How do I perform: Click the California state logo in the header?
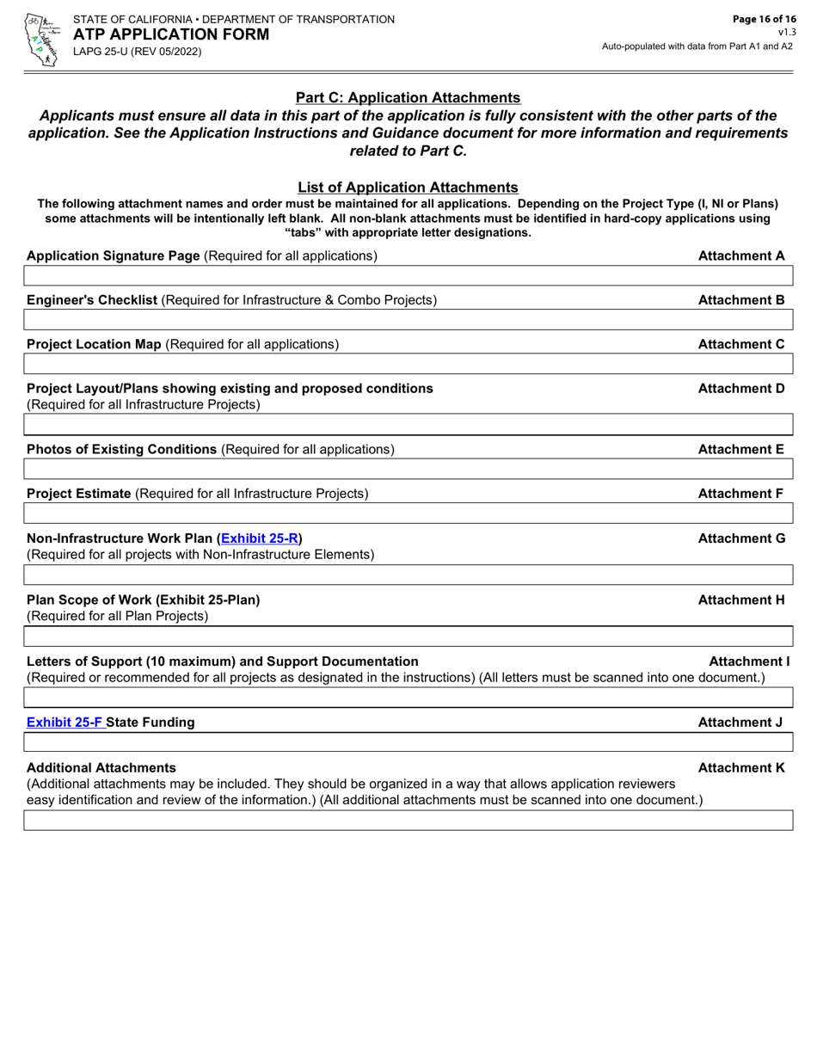pos(40,39)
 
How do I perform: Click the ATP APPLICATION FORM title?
pos(170,34)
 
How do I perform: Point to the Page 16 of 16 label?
pos(759,19)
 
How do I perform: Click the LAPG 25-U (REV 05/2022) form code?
pos(137,52)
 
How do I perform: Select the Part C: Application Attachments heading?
pos(408,98)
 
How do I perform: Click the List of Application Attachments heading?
pos(408,187)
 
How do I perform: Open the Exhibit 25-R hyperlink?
pos(260,538)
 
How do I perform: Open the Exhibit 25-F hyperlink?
pos(66,722)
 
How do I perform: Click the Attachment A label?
pos(741,255)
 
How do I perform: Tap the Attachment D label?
pos(741,388)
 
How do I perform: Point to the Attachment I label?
pos(748,661)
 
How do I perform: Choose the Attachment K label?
pos(741,766)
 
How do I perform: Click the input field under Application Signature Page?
pos(408,276)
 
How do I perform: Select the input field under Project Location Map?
pos(408,364)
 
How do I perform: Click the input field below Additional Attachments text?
pos(408,820)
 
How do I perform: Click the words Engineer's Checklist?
pos(92,299)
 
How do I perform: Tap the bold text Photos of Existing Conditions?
pos(121,449)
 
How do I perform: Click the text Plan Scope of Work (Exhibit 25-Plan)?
pos(143,600)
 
